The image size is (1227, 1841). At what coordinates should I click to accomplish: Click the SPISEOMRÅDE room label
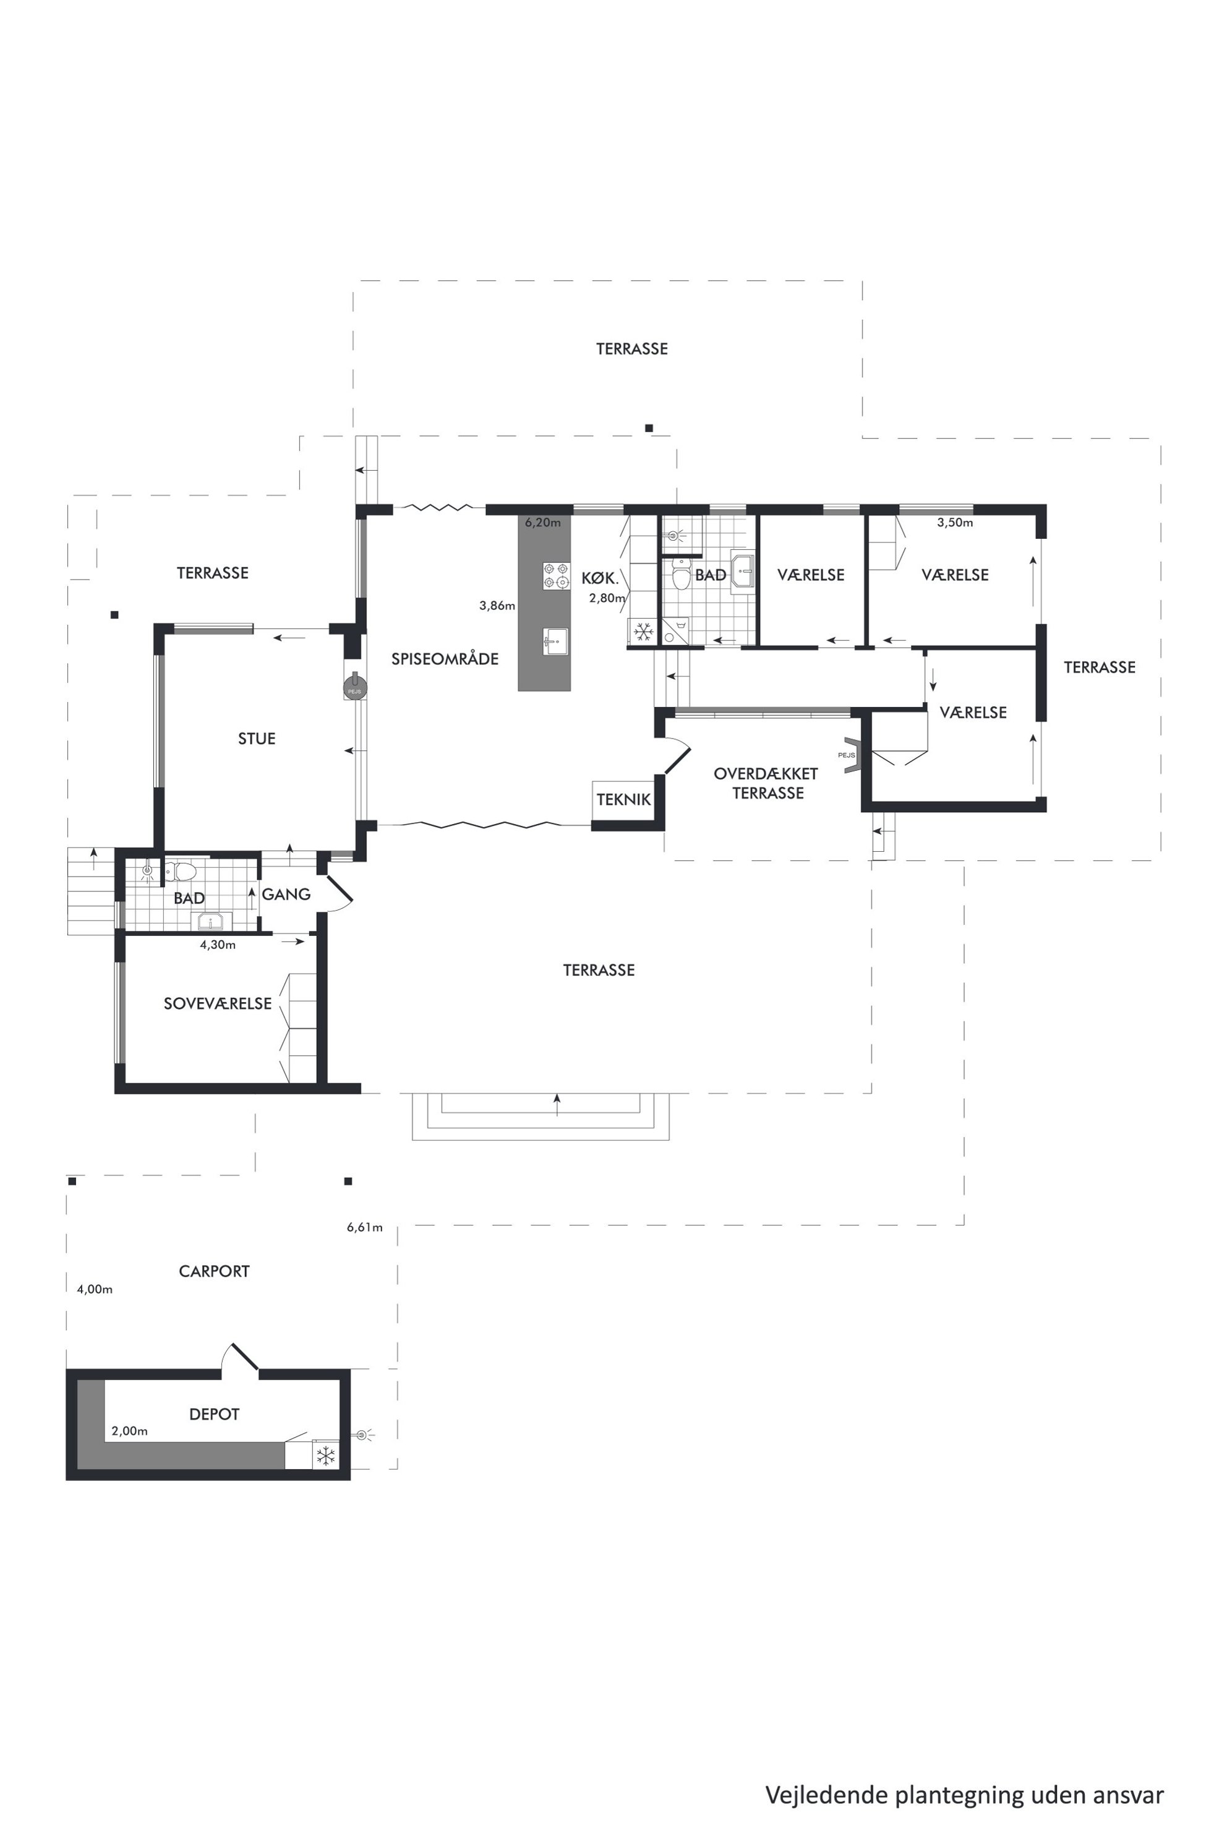click(445, 659)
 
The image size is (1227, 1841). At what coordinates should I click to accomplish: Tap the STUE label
click(257, 739)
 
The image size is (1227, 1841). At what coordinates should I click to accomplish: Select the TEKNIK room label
click(623, 799)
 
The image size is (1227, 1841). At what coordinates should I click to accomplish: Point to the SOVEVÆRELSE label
click(218, 1003)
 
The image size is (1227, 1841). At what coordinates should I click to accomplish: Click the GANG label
click(286, 894)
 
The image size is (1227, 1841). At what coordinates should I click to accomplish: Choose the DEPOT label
click(215, 1414)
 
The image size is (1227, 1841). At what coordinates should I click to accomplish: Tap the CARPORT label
click(215, 1271)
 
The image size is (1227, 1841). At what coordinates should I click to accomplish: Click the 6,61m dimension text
click(365, 1227)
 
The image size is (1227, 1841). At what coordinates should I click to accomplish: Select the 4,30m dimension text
click(218, 945)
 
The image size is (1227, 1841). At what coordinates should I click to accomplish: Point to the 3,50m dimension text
click(956, 523)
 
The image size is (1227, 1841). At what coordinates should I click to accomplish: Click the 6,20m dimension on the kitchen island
click(543, 523)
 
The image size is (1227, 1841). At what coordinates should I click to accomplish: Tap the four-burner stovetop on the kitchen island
click(557, 576)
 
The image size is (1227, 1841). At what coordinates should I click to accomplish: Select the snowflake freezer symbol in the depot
click(325, 1456)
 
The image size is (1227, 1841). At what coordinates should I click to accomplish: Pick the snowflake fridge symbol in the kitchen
click(643, 632)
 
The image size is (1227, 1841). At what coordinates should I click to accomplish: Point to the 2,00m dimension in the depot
click(130, 1431)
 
